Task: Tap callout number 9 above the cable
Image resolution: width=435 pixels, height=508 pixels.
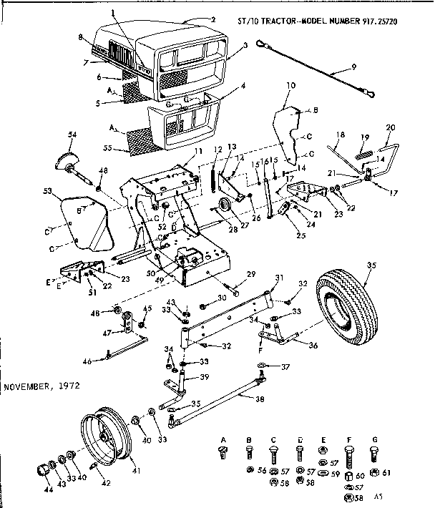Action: coord(353,69)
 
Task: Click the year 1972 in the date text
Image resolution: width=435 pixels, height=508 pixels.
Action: coord(67,387)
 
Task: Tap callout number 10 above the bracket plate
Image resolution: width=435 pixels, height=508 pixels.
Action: coord(290,86)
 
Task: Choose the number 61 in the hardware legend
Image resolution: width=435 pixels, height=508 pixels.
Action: coord(387,472)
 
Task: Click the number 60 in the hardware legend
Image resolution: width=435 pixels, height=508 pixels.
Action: coord(360,474)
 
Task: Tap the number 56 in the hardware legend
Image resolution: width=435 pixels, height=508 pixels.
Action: coord(262,471)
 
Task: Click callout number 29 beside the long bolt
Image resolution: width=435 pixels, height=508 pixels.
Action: coord(250,275)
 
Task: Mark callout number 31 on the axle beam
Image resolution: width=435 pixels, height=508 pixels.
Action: coord(279,278)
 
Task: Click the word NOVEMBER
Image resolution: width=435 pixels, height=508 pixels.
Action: coord(26,387)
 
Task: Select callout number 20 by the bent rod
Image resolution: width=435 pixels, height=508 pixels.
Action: coord(390,127)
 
